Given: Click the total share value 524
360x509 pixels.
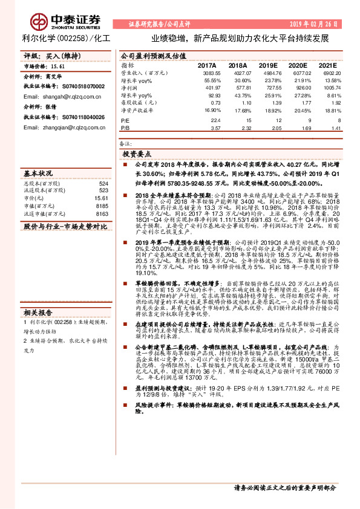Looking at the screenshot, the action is [x=103, y=183].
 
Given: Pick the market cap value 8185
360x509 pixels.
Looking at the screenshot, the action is [x=102, y=206].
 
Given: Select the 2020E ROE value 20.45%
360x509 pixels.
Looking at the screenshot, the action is [x=296, y=111].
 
